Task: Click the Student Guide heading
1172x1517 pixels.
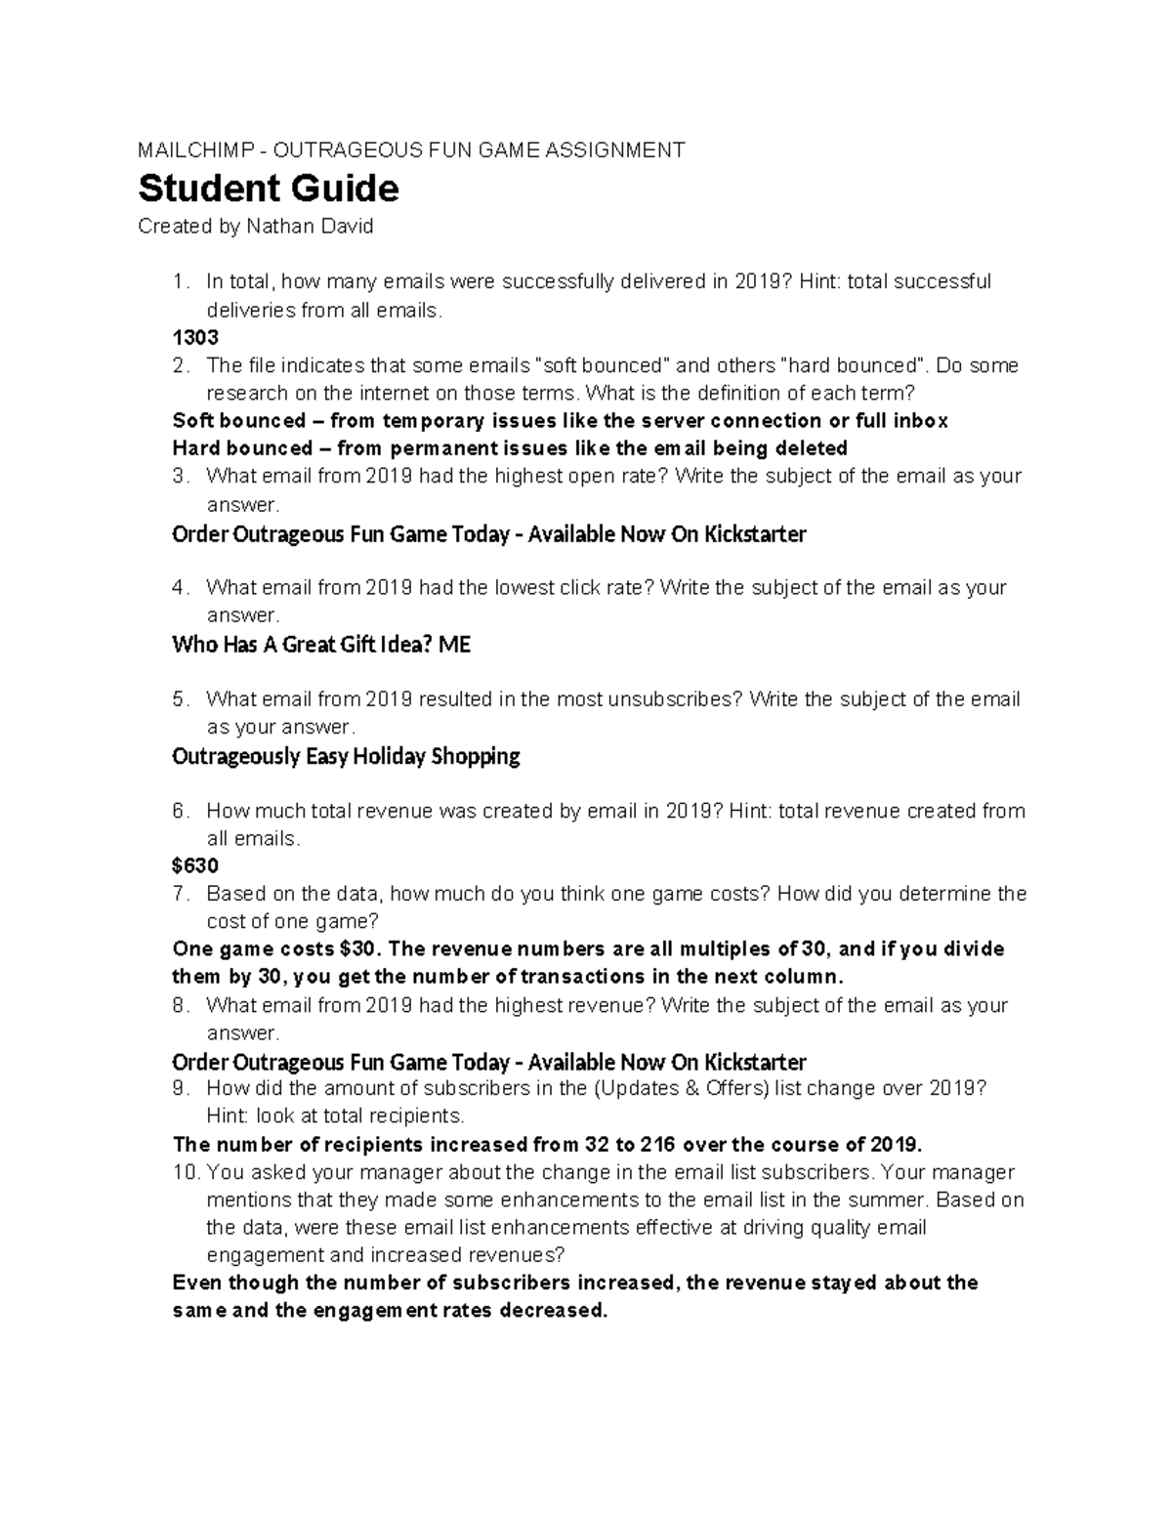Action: click(269, 188)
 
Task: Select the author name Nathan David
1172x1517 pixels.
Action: click(310, 227)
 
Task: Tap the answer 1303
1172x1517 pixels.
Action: click(195, 338)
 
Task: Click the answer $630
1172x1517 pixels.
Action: click(195, 865)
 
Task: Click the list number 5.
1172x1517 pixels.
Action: click(178, 699)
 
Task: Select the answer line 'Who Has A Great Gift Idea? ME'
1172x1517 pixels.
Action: click(321, 645)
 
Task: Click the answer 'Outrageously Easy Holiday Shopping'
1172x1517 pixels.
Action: click(346, 756)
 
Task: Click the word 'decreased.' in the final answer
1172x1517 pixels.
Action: click(553, 1311)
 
